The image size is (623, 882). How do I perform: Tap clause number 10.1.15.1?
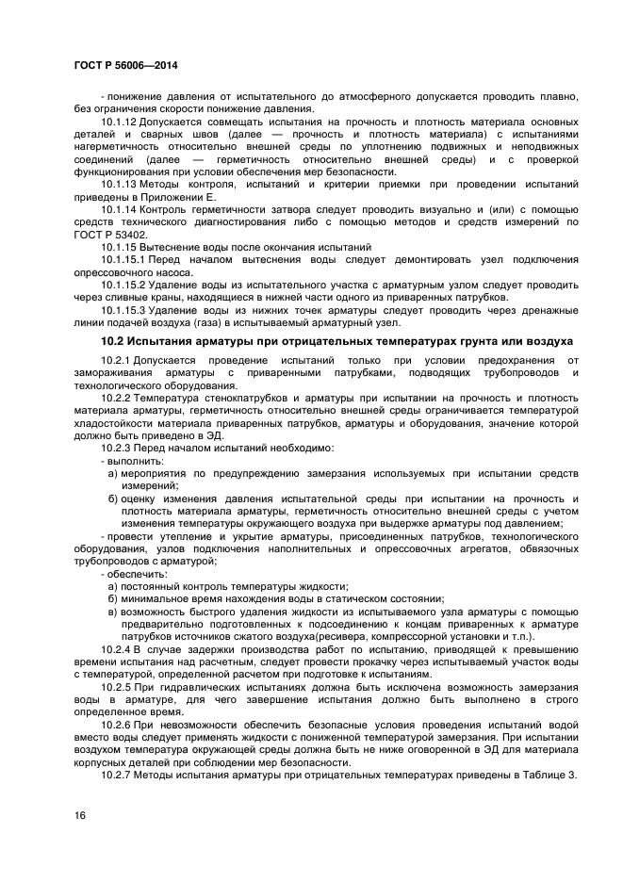pos(123,258)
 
